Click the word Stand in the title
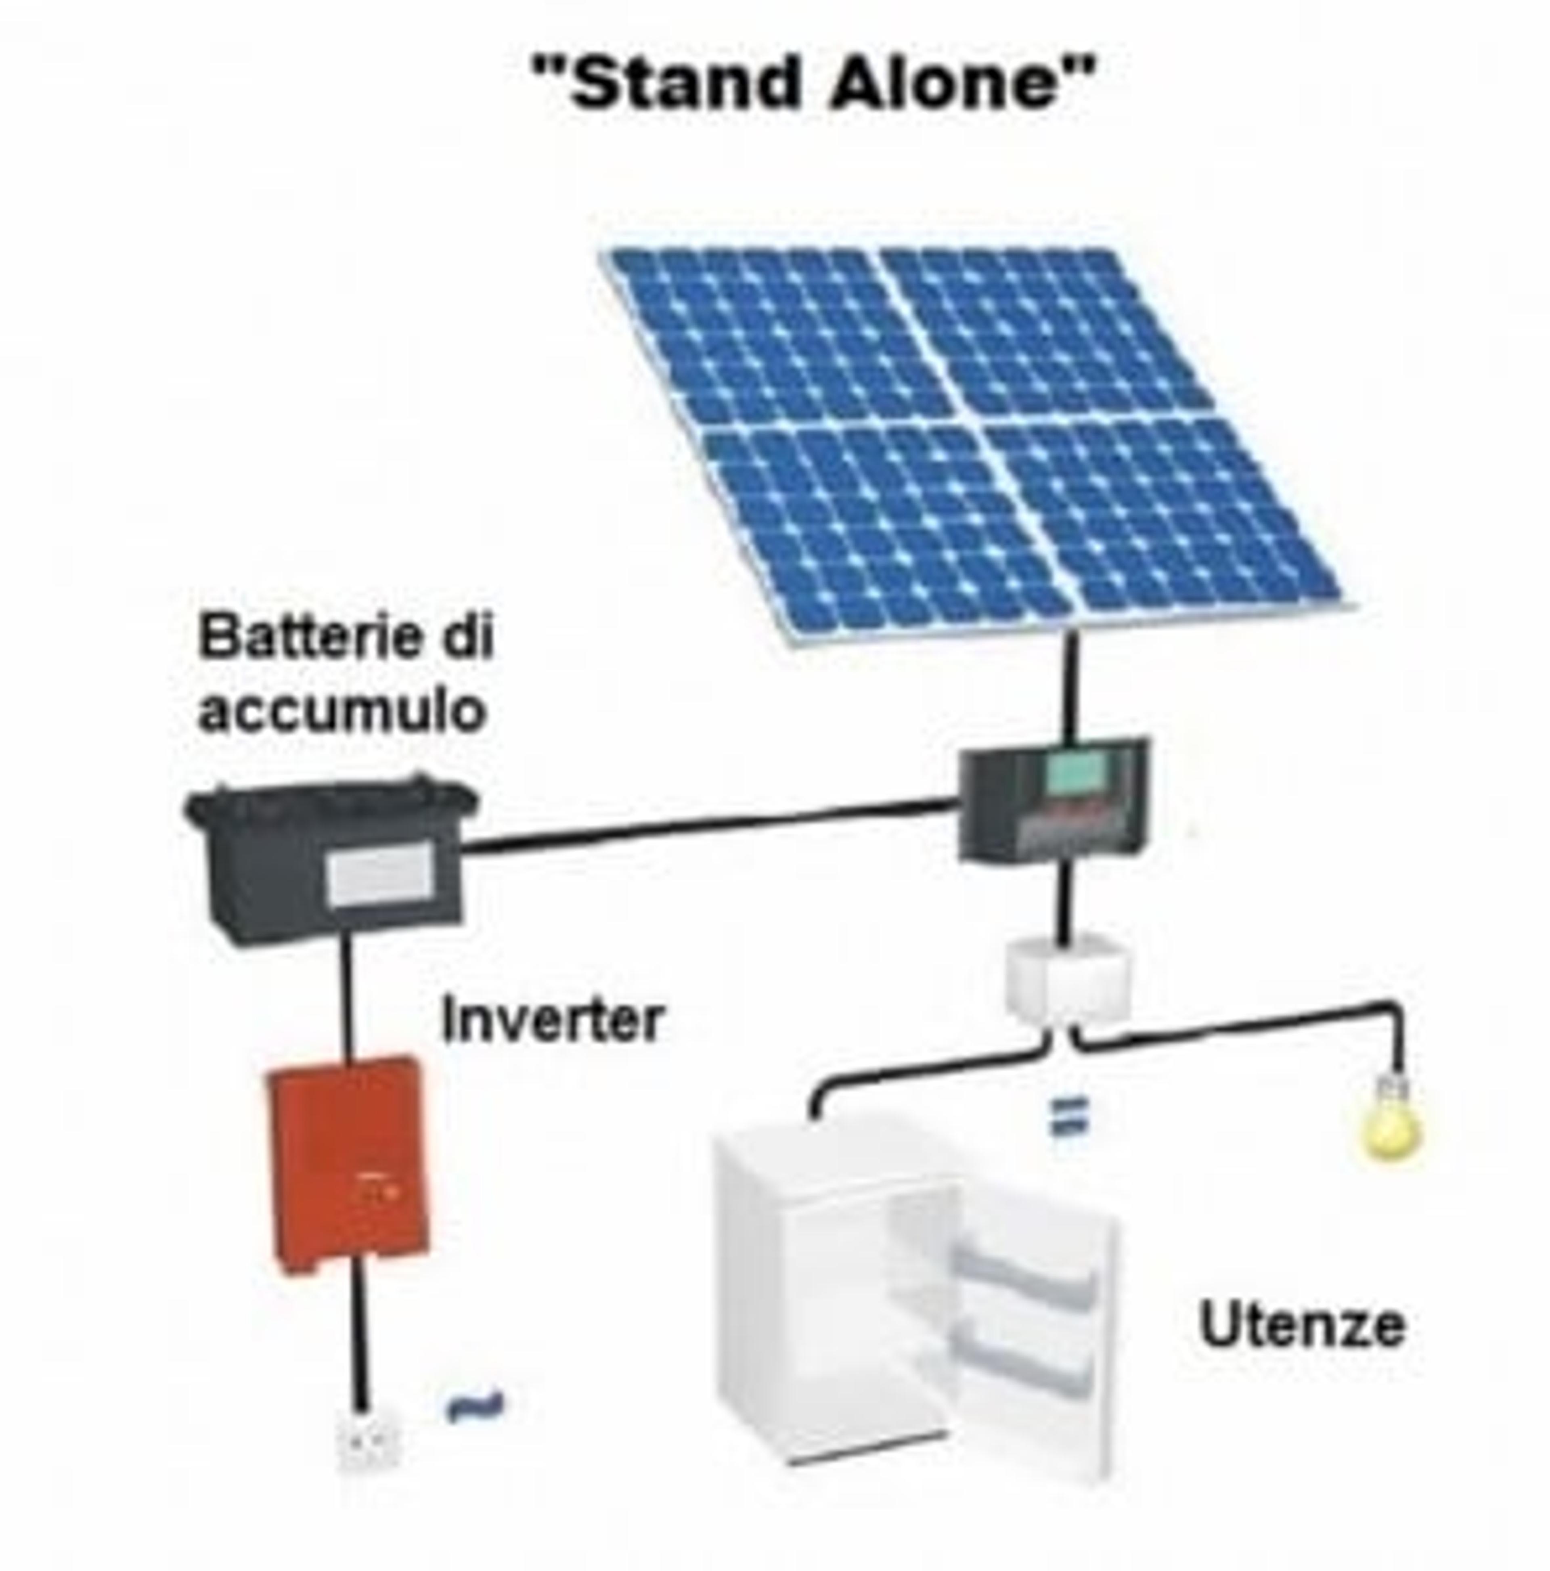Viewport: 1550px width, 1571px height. tap(683, 84)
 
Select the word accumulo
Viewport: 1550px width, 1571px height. tap(341, 710)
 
